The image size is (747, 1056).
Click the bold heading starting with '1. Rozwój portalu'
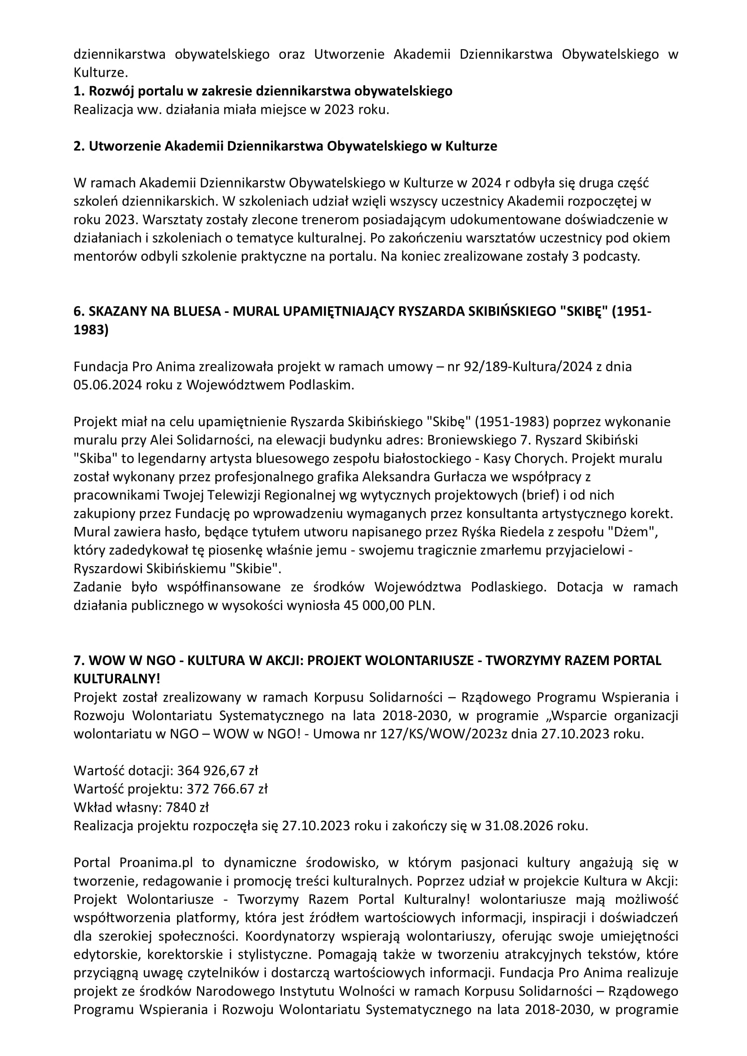pyautogui.click(x=263, y=91)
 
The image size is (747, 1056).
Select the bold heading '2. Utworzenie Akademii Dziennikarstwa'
pyautogui.click(x=285, y=146)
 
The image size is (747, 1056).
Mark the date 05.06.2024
pyautogui.click(x=107, y=386)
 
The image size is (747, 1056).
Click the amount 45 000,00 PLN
pyautogui.click(x=389, y=606)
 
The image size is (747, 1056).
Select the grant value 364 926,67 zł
pyautogui.click(x=218, y=770)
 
